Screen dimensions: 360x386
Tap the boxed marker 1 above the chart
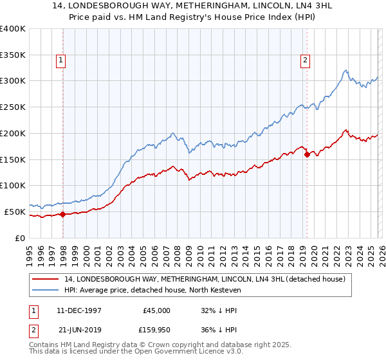[61, 60]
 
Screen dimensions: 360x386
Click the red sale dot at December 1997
[63, 215]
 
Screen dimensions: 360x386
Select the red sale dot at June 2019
[307, 154]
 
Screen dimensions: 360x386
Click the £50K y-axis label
[14, 212]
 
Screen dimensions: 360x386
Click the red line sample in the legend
[45, 279]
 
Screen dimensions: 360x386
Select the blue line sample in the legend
[45, 291]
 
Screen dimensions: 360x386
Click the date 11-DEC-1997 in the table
[78, 310]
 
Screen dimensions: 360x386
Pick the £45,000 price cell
[156, 310]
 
